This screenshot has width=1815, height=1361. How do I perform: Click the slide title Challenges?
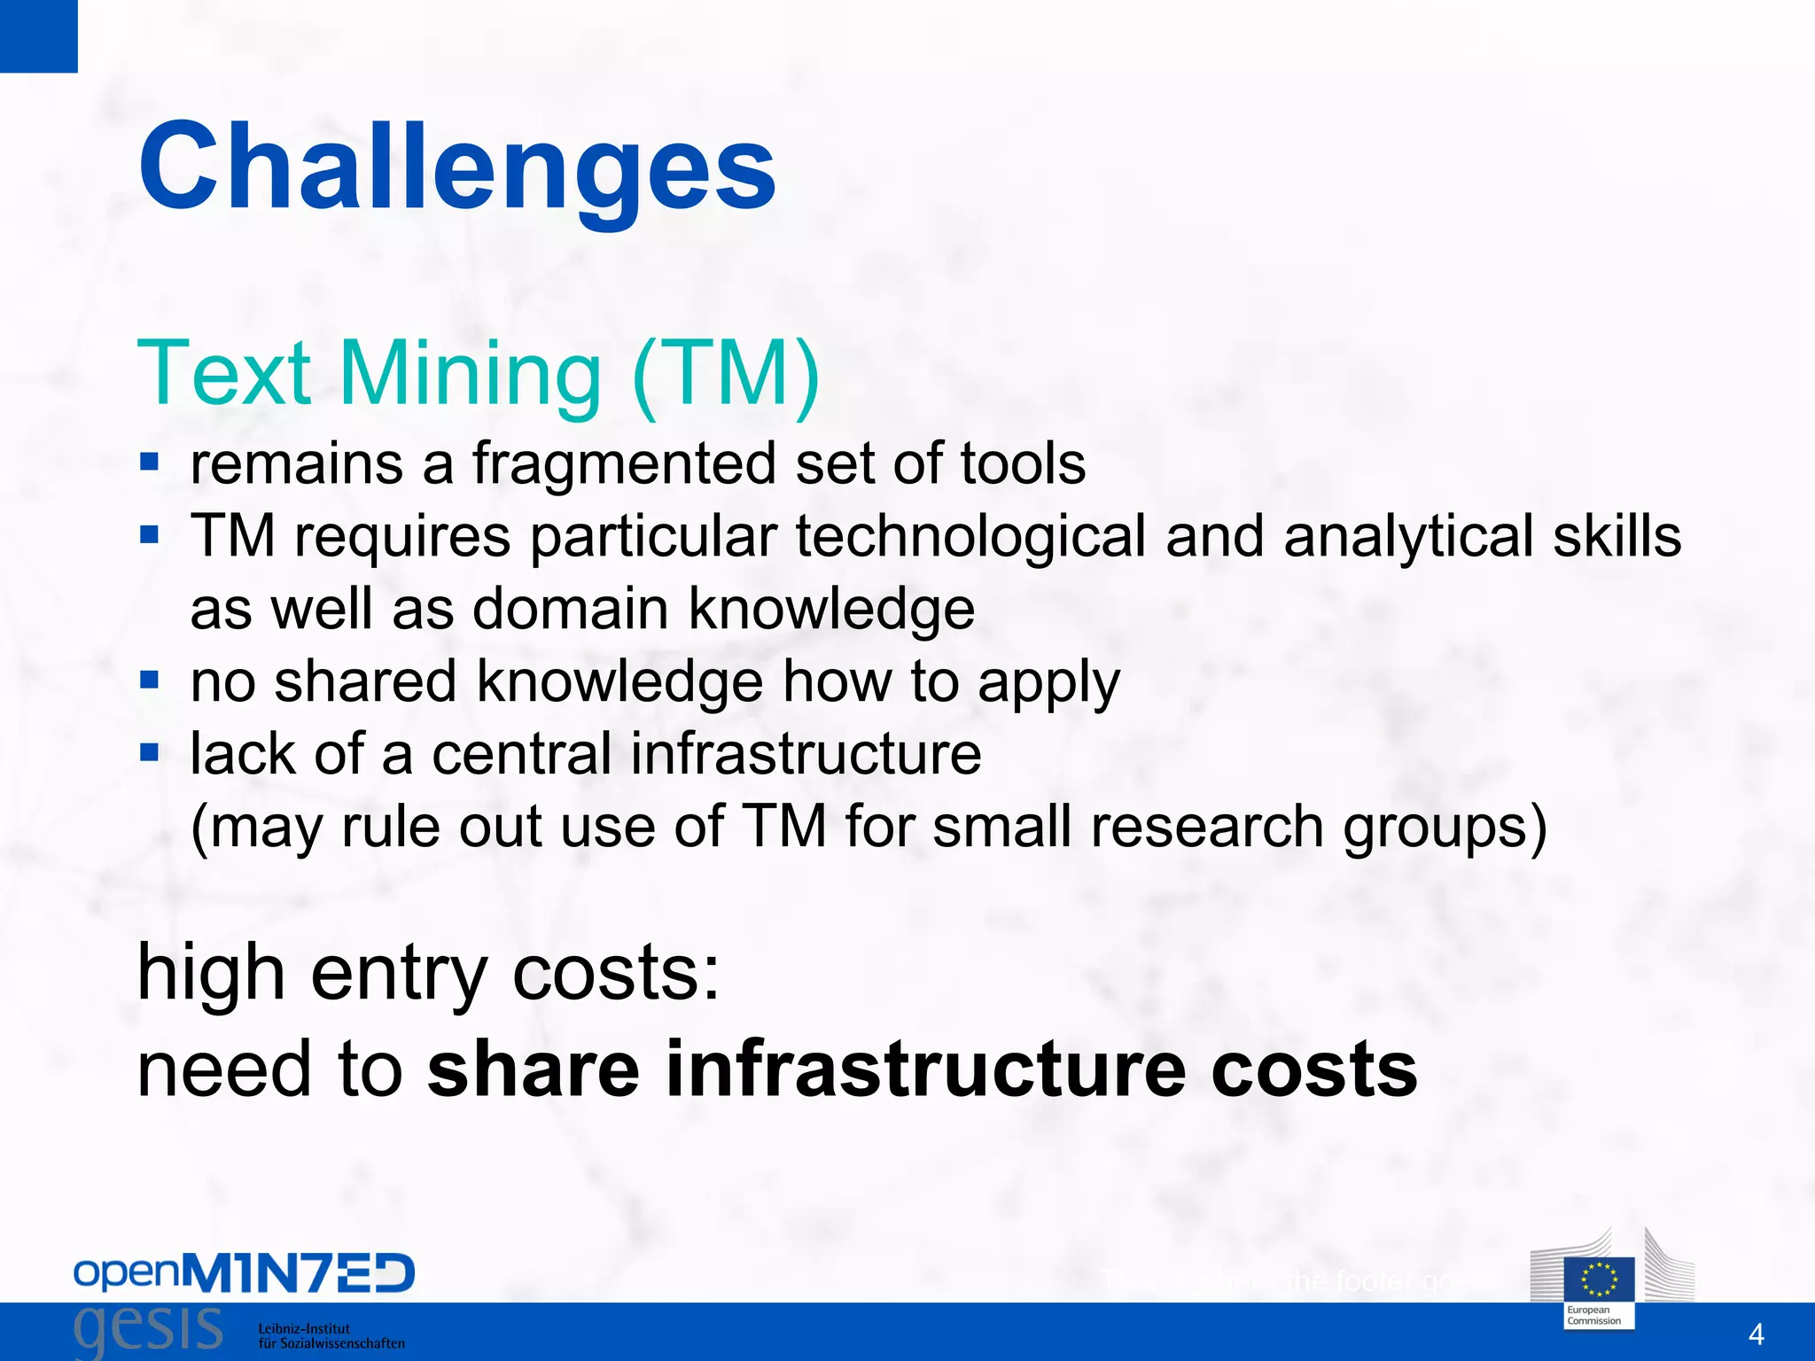[x=457, y=168]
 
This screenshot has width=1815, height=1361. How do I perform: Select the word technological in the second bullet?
[x=970, y=537]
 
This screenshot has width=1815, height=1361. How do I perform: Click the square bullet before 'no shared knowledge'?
[x=150, y=680]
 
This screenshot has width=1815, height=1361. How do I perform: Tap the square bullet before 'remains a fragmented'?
[x=150, y=462]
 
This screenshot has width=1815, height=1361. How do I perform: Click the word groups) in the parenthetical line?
[x=1445, y=828]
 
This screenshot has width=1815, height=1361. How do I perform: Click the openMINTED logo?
[x=244, y=1273]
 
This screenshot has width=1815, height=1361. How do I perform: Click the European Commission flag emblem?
[x=1599, y=1279]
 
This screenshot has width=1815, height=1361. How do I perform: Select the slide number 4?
[x=1756, y=1334]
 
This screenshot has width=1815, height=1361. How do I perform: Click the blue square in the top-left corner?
[x=38, y=35]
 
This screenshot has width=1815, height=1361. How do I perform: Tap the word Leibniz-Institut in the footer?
[x=304, y=1328]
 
